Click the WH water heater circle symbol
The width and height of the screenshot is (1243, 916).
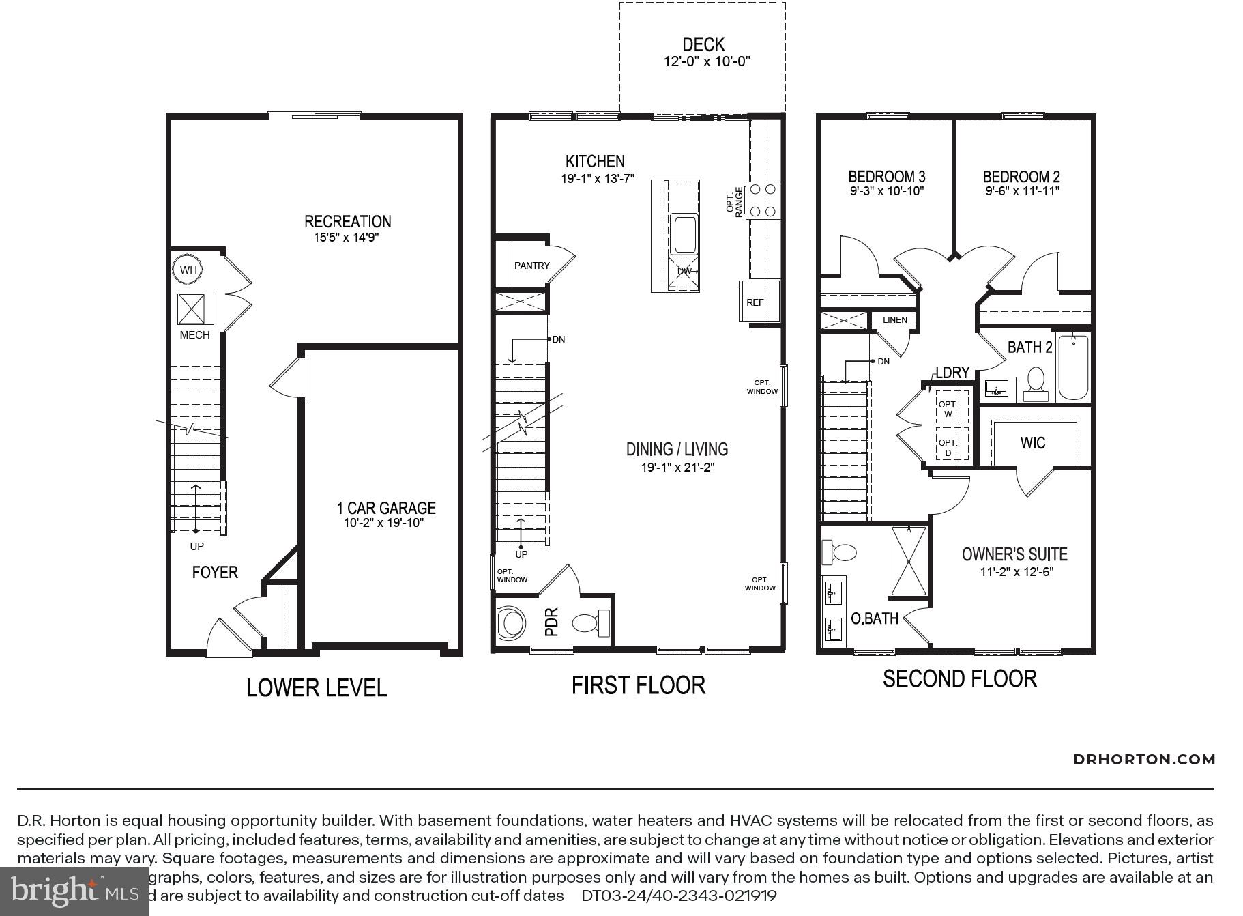[188, 270]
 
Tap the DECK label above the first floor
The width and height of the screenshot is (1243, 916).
[703, 45]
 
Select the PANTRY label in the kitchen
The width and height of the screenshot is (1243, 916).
[531, 266]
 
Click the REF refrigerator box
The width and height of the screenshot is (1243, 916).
[757, 302]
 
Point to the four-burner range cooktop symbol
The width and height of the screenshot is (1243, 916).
[763, 200]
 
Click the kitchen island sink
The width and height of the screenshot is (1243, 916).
[684, 234]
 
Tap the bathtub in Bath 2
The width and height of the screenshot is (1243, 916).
[1072, 367]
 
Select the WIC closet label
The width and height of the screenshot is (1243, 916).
[1032, 443]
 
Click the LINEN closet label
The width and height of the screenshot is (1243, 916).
[894, 319]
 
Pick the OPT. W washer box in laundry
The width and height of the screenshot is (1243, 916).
[948, 409]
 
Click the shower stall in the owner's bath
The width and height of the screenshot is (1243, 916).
[908, 560]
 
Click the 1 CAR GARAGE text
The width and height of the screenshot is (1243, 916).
[385, 508]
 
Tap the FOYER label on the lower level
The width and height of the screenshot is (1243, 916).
[215, 572]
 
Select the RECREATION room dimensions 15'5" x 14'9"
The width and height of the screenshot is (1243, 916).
[346, 238]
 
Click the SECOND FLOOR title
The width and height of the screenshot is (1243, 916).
[959, 678]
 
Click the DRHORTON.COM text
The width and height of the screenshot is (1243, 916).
[1144, 759]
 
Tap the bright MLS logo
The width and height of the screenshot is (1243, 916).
[74, 891]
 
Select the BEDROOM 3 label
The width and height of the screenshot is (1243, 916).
[886, 176]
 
